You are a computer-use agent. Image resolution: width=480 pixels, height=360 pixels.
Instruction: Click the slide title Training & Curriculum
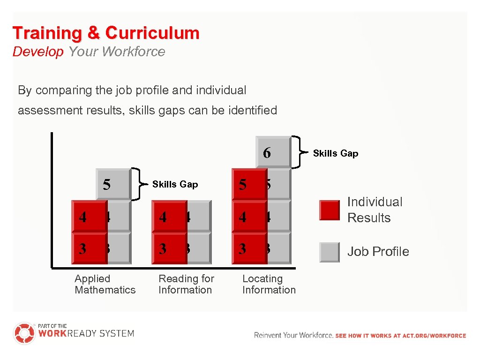pyautogui.click(x=106, y=33)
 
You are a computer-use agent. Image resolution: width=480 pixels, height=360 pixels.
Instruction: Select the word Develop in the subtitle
pyautogui.click(x=37, y=52)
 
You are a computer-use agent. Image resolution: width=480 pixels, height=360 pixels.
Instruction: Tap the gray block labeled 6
pyautogui.click(x=273, y=152)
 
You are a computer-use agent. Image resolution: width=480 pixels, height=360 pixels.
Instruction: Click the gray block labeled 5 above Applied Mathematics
pyautogui.click(x=112, y=184)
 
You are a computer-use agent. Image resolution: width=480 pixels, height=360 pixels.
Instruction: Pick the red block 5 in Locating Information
pyautogui.click(x=249, y=184)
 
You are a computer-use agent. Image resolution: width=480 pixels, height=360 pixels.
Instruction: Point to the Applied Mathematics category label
pyautogui.click(x=105, y=284)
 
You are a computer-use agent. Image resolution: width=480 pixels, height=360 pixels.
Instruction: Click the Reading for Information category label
pyautogui.click(x=186, y=284)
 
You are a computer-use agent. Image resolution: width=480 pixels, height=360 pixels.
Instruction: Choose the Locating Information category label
pyautogui.click(x=269, y=284)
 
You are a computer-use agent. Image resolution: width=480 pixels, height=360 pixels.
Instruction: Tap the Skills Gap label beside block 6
pyautogui.click(x=335, y=153)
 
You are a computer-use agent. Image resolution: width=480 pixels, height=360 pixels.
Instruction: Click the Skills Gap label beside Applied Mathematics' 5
pyautogui.click(x=175, y=185)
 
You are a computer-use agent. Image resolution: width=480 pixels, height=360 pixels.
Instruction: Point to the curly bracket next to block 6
pyautogui.click(x=297, y=152)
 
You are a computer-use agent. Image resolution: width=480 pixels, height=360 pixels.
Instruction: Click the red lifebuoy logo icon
pyautogui.click(x=24, y=333)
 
